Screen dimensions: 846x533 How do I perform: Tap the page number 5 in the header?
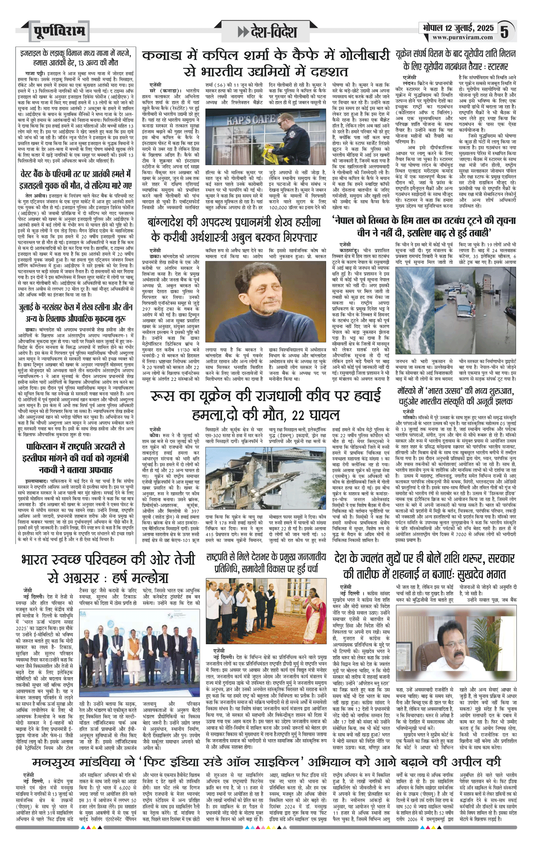point(504,31)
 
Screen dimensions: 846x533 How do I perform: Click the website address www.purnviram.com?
point(462,37)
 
